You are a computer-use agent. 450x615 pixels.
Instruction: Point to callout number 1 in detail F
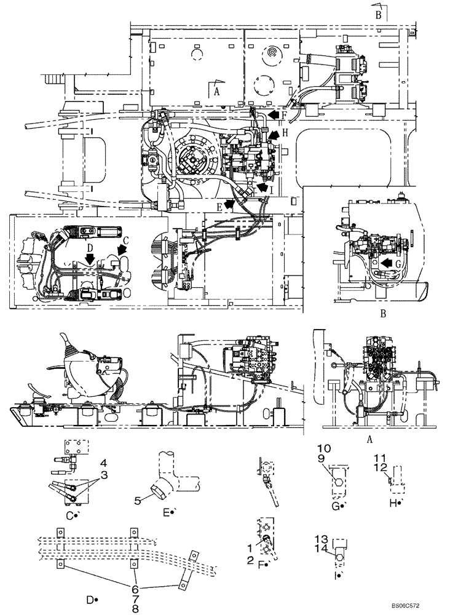pyautogui.click(x=250, y=547)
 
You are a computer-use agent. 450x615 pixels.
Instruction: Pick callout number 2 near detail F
pyautogui.click(x=250, y=559)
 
